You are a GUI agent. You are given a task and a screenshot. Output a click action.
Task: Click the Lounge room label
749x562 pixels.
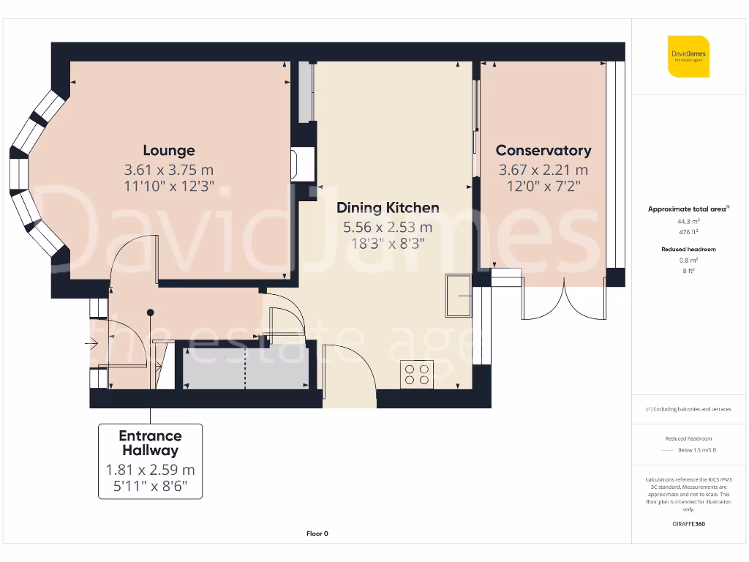168,151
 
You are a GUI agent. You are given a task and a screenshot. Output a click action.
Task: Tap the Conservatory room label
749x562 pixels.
543,151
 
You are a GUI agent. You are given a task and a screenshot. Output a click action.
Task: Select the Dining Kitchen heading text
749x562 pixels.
388,208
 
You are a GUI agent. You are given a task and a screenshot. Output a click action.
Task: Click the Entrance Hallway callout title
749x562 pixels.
150,443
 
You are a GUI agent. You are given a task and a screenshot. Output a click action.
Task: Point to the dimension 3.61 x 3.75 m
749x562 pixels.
168,171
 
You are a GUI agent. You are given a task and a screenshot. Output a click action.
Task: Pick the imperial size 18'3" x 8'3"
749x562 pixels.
388,242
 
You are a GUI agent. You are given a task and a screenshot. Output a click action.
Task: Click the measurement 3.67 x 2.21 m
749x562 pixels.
543,171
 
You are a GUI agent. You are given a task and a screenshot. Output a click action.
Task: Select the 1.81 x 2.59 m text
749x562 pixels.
150,470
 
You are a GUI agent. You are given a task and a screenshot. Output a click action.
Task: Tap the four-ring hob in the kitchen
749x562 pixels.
417,374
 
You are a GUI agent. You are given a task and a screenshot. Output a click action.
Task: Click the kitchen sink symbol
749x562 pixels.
459,296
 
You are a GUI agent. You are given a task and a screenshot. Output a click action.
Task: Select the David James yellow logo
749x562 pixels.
688,56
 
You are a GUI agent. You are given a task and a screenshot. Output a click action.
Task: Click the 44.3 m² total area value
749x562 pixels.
688,220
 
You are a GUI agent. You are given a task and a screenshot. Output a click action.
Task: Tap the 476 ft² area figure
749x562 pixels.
688,231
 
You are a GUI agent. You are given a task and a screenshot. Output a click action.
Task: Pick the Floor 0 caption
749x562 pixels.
317,533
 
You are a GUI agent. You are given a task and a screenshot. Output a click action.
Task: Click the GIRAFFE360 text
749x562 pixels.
688,524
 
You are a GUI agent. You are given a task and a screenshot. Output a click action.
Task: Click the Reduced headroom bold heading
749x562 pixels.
688,250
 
